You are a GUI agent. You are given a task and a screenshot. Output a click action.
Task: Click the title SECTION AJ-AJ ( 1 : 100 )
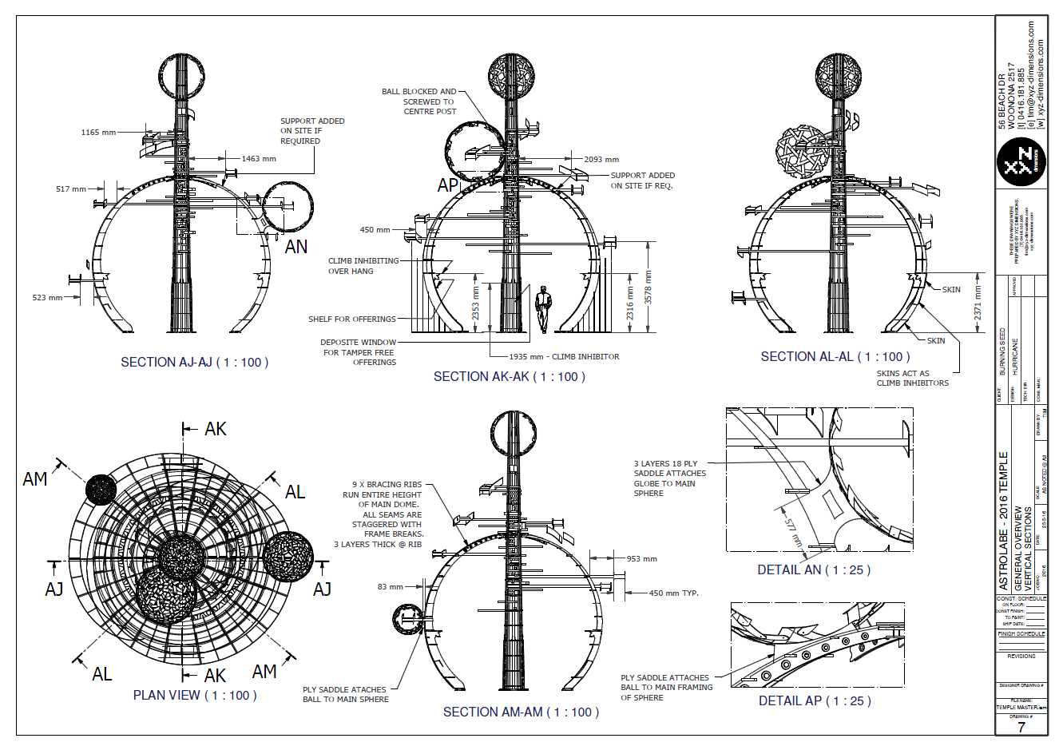[x=194, y=363]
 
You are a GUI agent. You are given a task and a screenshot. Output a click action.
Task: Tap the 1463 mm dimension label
[x=259, y=159]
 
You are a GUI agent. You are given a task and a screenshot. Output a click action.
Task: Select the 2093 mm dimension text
[x=601, y=160]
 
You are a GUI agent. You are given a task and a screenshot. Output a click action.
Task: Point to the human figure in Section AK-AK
[x=544, y=310]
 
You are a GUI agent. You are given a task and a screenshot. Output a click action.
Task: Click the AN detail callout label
[x=295, y=247]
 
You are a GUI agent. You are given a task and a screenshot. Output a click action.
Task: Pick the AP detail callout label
[x=448, y=185]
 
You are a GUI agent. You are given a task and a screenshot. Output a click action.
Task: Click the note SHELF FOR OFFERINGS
[x=351, y=319]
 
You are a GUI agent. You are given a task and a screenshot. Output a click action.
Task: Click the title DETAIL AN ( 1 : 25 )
[x=814, y=570]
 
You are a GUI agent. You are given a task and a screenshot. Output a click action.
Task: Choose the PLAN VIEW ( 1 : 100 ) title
[x=195, y=696]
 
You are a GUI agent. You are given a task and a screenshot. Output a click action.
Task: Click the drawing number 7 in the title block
[x=1021, y=728]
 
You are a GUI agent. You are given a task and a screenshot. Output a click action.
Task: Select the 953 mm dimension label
[x=641, y=559]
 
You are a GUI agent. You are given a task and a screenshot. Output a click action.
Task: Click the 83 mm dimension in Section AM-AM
[x=391, y=587]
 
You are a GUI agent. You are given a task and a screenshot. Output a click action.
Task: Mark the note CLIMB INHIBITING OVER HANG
[x=363, y=266]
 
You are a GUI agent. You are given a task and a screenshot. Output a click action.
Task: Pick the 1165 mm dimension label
[x=98, y=133]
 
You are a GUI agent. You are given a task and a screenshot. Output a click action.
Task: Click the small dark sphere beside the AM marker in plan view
[x=101, y=489]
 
